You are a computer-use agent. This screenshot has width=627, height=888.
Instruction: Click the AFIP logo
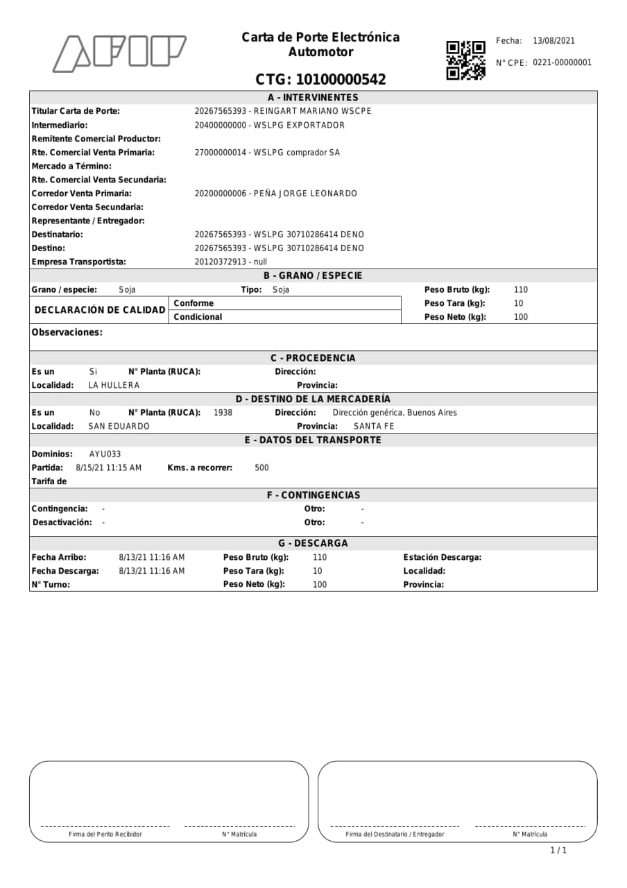pos(119,53)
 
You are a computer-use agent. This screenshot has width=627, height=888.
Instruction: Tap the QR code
pos(465,60)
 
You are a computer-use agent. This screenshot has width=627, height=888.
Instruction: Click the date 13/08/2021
pos(553,41)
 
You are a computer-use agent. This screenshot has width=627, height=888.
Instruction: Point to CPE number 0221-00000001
pos(562,62)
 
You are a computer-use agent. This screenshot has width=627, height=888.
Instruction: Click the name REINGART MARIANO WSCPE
pos(312,111)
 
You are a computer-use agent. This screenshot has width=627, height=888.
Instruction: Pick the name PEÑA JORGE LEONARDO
pos(306,194)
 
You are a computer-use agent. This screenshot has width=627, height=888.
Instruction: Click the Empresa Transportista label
pos(79,262)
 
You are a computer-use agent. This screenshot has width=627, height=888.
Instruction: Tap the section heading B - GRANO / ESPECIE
pos(313,275)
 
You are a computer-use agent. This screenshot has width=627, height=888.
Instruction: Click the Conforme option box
pos(284,303)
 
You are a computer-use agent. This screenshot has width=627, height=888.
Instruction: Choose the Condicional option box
pos(284,317)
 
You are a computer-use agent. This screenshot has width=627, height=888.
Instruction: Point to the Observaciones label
pos(67,332)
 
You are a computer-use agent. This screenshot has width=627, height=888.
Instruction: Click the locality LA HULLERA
pos(114,385)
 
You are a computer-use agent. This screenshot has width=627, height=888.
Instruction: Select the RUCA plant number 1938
pos(223,413)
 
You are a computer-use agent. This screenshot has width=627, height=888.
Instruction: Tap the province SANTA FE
pos(374,426)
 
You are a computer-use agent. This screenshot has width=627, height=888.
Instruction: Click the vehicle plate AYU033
pos(105,454)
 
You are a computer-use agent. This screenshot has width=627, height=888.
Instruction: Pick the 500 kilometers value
pos(261,468)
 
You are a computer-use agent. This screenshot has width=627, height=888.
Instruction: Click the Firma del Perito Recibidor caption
pos(105,834)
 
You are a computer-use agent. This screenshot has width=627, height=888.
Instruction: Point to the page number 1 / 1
pos(558,850)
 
